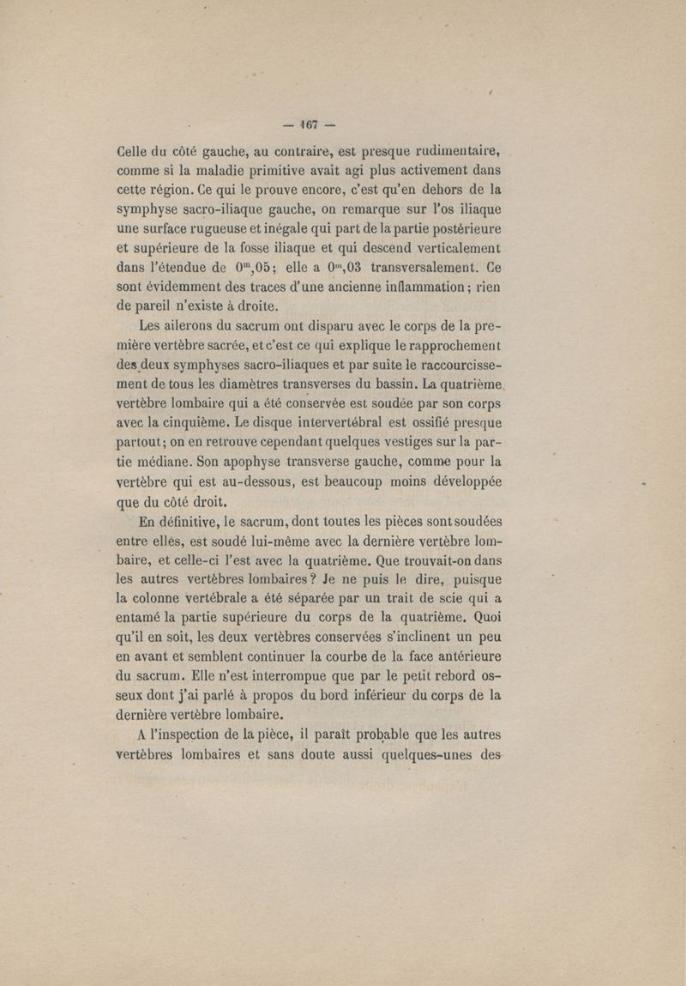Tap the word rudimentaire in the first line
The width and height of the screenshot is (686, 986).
[x=450, y=153]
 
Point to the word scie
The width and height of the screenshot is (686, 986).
[x=421, y=597]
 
